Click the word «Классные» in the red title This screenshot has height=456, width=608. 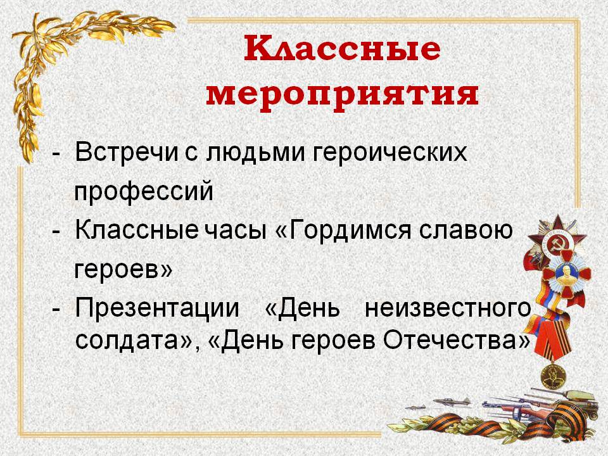(x=343, y=48)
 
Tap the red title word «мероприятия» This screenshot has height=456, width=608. (x=343, y=95)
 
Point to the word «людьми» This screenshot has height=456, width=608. (x=255, y=152)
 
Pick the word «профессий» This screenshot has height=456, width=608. (x=144, y=191)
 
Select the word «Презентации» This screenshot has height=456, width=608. (x=157, y=308)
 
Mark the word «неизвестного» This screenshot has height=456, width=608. (x=448, y=308)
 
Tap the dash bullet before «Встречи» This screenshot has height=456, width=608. (x=56, y=154)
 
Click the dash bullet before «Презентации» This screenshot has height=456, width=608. (x=56, y=310)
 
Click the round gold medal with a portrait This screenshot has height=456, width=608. (x=553, y=376)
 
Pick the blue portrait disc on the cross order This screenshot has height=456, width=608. (x=564, y=272)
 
